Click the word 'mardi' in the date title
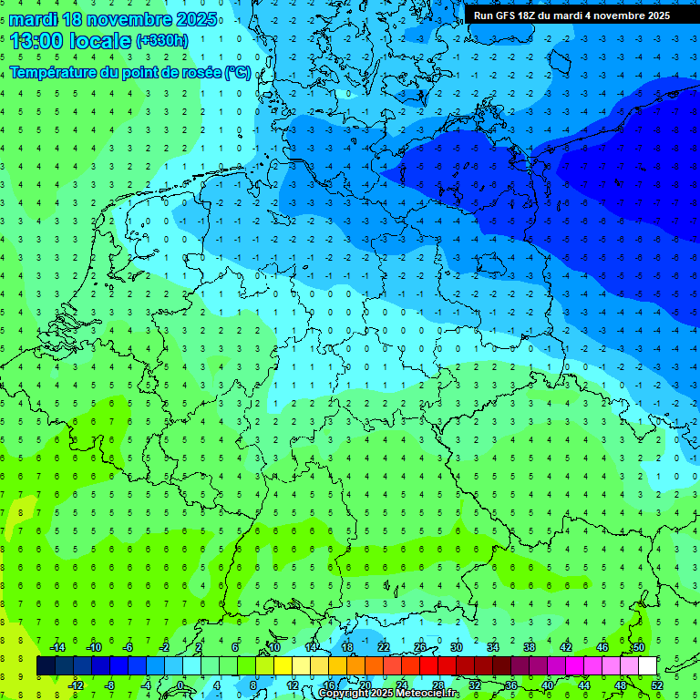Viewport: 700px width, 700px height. tap(32, 19)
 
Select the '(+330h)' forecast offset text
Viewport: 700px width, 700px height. tap(161, 40)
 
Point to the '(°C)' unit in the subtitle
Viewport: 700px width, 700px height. tap(238, 72)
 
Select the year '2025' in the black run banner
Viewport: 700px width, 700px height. tap(654, 15)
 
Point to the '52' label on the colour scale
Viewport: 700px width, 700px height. tap(657, 685)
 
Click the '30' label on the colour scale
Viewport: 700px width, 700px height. tap(457, 647)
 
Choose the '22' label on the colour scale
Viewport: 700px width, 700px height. tap(384, 647)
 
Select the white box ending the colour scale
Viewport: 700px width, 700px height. tap(648, 666)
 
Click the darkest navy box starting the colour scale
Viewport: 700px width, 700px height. tap(46, 666)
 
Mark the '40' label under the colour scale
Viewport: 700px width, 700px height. tap(548, 685)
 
